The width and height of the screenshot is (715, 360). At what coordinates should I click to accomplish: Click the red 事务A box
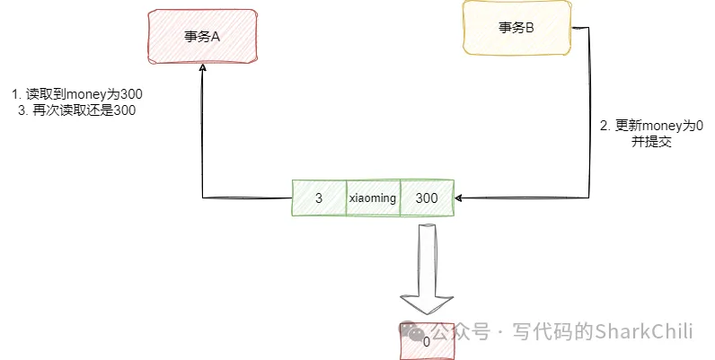point(202,37)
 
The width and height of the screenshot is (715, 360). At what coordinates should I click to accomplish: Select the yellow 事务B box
point(516,29)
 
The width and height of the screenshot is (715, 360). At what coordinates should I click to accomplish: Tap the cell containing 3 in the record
point(319,198)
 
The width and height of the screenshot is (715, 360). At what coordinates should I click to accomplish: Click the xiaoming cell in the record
point(373,198)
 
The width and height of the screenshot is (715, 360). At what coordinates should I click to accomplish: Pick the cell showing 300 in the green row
point(427,198)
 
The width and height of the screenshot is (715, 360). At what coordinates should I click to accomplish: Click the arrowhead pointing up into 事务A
point(203,74)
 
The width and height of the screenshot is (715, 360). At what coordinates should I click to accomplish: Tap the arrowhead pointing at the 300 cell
point(460,197)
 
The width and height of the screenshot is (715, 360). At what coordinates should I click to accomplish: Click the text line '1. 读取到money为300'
point(77,94)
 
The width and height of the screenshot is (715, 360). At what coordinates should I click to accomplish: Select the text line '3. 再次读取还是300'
point(77,110)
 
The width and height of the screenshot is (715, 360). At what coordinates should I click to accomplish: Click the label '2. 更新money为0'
point(651,126)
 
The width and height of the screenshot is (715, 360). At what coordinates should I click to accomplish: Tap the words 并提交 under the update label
point(651,142)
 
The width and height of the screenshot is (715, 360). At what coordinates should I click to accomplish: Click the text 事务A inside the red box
point(202,37)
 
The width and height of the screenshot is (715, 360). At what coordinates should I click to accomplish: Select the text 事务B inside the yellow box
point(516,29)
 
